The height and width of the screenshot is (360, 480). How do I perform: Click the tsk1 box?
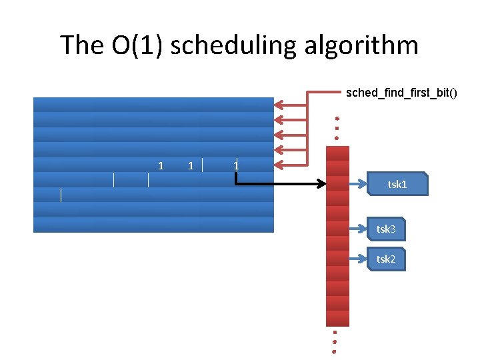[x=398, y=184]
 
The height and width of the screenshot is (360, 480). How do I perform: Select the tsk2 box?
[x=387, y=259]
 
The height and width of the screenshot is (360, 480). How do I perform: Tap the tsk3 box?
[x=387, y=229]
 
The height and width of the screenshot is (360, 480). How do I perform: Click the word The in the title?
[x=82, y=45]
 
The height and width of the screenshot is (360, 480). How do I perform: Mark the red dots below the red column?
[x=335, y=341]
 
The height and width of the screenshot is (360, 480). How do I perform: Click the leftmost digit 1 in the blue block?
[x=161, y=165]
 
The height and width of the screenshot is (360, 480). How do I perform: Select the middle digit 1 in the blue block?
[x=191, y=165]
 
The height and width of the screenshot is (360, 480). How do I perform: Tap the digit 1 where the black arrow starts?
[x=236, y=165]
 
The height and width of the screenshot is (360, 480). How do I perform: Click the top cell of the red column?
[x=337, y=153]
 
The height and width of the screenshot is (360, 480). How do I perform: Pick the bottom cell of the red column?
[x=337, y=319]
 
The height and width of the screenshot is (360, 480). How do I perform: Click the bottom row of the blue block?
[x=153, y=225]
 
